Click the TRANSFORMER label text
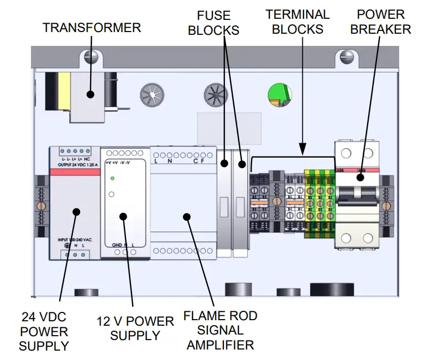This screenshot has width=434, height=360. click(x=92, y=27)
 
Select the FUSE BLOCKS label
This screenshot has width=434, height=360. click(x=213, y=22)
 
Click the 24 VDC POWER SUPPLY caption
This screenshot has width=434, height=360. click(x=44, y=332)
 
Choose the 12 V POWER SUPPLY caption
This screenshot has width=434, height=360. click(x=135, y=328)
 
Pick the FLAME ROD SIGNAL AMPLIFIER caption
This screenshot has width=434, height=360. click(x=220, y=330)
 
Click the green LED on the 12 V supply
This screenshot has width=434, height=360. click(x=112, y=178)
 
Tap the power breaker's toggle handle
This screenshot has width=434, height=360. click(x=358, y=192)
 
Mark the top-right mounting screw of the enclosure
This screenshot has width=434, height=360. click(x=347, y=55)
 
